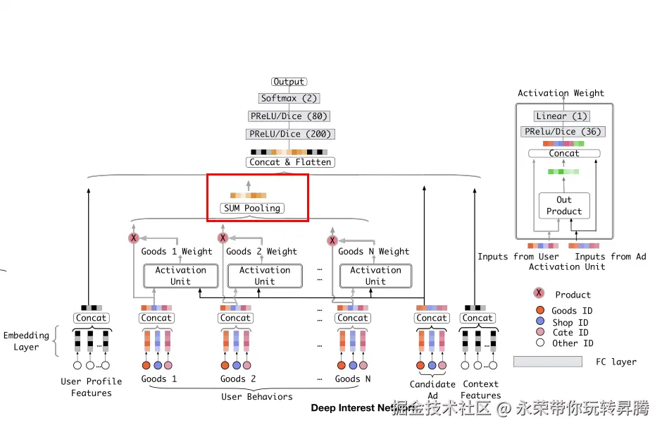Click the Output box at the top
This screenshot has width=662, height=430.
click(289, 82)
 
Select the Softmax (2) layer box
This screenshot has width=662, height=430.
click(289, 99)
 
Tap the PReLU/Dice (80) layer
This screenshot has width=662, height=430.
click(289, 116)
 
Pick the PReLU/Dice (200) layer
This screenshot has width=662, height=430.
click(289, 134)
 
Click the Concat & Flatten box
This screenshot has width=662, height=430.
click(289, 162)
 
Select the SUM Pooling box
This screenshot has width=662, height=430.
click(252, 208)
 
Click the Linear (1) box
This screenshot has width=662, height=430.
click(561, 116)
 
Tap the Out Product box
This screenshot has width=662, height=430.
click(564, 205)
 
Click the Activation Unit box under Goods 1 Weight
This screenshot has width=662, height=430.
click(180, 276)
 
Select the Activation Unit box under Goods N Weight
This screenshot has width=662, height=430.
click(375, 276)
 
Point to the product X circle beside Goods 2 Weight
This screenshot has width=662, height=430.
click(223, 238)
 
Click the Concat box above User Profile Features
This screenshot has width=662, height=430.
click(91, 318)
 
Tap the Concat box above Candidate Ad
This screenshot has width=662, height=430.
click(432, 318)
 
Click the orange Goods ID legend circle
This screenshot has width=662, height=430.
click(539, 311)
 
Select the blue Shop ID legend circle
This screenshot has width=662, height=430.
click(539, 322)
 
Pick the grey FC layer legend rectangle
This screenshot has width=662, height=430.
click(547, 362)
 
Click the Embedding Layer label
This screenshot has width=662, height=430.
click(26, 341)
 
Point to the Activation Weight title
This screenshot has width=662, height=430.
click(561, 93)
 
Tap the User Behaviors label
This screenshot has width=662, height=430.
click(256, 397)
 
